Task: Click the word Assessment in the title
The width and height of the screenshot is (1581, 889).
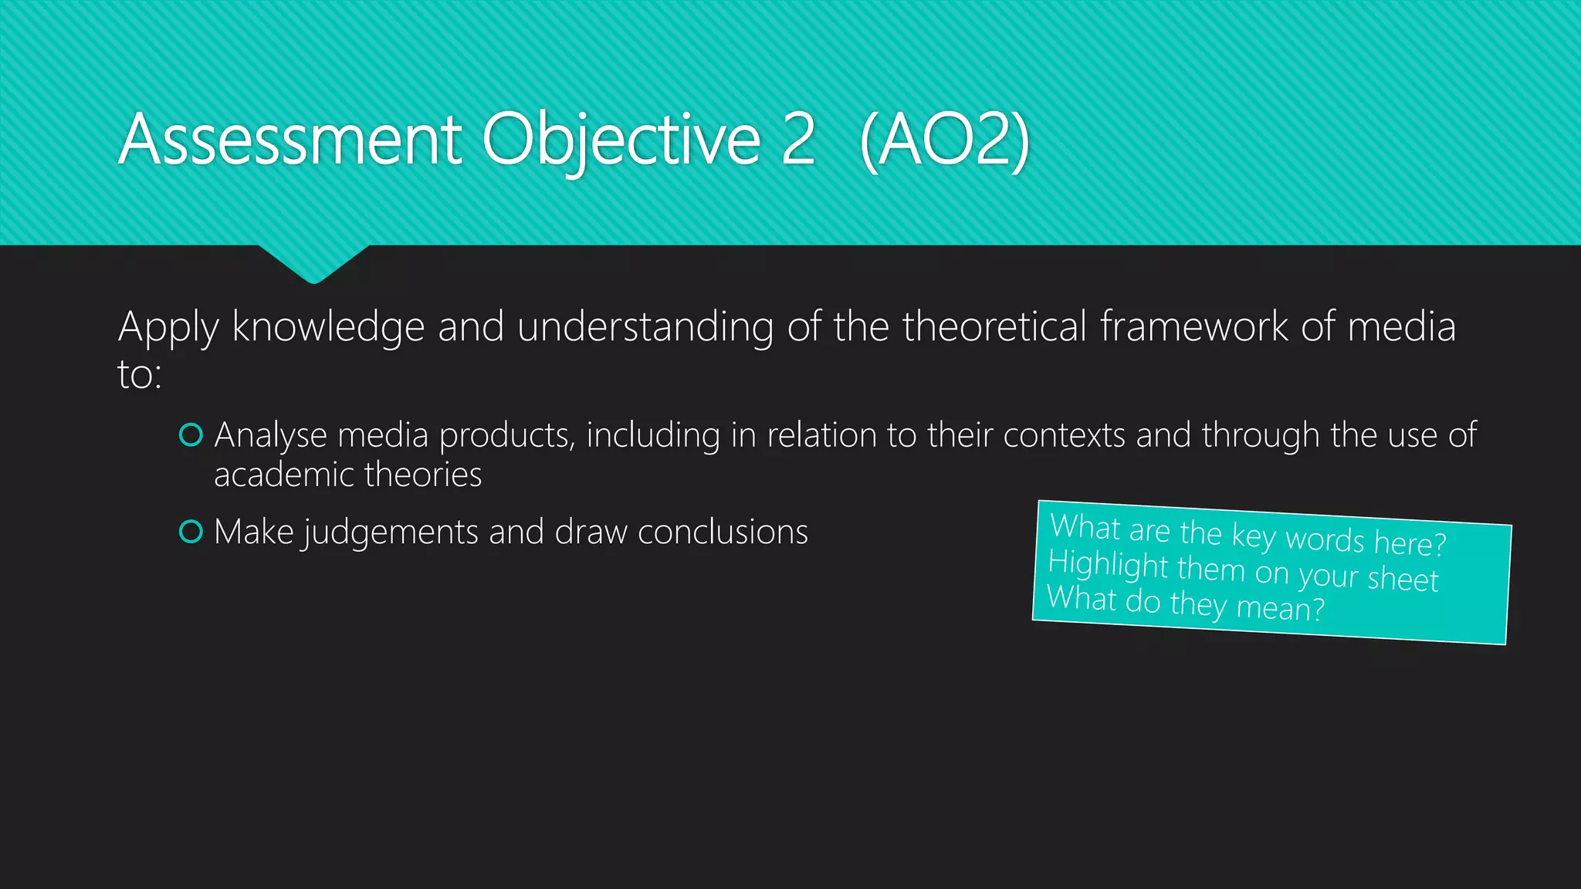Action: click(x=290, y=140)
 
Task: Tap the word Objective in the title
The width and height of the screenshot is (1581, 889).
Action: click(x=621, y=140)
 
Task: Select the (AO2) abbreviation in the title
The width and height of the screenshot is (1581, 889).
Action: click(x=944, y=140)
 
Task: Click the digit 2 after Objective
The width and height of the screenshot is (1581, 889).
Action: click(x=797, y=140)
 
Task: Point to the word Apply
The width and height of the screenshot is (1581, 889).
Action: click(x=168, y=327)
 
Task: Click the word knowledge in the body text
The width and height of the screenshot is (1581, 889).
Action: click(x=328, y=327)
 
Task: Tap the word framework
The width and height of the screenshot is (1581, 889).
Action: click(x=1193, y=327)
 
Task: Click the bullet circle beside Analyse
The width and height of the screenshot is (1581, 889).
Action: click(x=191, y=435)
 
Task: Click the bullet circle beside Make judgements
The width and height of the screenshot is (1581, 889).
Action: click(x=191, y=532)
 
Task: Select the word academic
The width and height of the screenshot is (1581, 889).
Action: click(x=283, y=475)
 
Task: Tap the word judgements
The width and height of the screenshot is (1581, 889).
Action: click(x=391, y=533)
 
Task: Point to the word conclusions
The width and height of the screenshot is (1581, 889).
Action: click(x=723, y=532)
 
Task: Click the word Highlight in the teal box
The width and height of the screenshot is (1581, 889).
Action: click(x=1108, y=565)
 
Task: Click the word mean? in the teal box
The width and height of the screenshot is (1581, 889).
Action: click(x=1280, y=608)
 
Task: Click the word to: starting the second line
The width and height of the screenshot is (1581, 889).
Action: click(x=140, y=375)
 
